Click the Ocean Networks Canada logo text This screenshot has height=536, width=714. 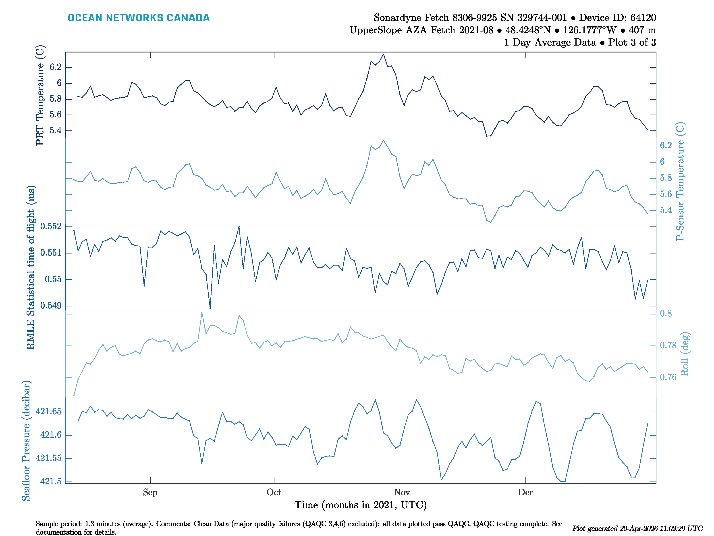(139, 18)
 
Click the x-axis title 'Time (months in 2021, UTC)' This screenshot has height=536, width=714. (361, 505)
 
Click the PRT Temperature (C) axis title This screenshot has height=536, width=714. (40, 95)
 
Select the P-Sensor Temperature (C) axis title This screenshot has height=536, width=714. (680, 181)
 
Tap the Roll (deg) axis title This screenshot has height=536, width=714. (684, 354)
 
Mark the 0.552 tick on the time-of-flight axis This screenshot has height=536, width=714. (51, 226)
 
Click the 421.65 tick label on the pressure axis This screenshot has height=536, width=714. (48, 411)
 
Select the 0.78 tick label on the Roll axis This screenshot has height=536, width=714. (668, 345)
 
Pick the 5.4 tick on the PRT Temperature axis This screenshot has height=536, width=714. (55, 130)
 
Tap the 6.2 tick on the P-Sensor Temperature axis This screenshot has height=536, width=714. (666, 145)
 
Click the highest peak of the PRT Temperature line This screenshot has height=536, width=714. (384, 54)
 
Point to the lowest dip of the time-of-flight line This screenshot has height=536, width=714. (210, 308)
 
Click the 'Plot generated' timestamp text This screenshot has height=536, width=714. (637, 528)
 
